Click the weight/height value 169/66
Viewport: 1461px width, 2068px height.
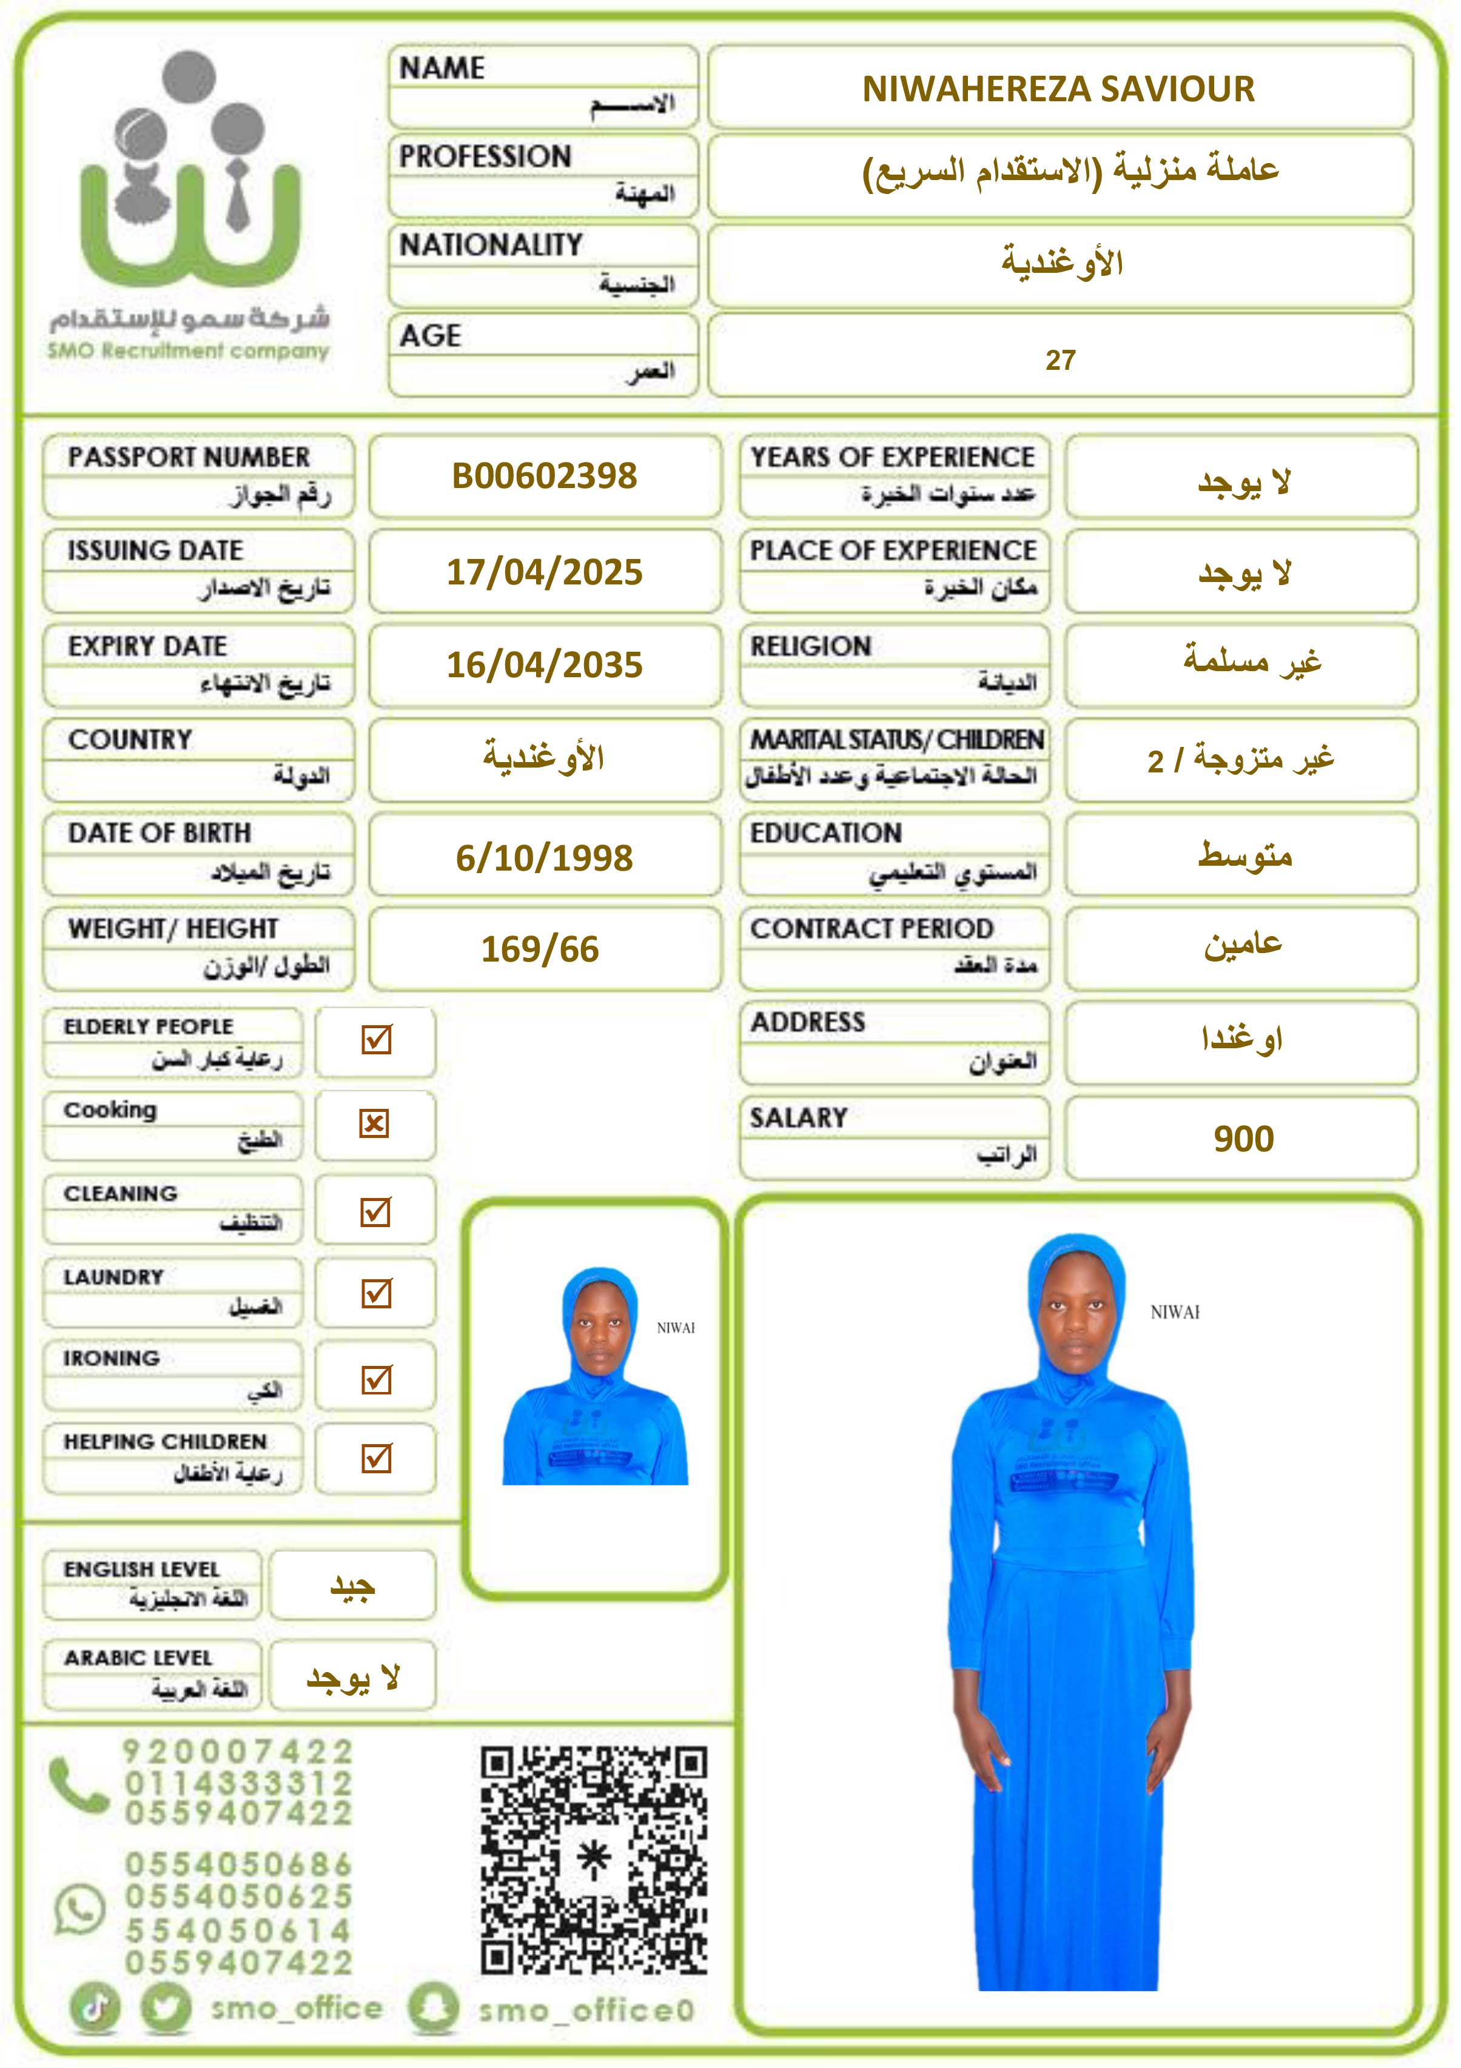coord(540,949)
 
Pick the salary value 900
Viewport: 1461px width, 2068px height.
coord(1243,1139)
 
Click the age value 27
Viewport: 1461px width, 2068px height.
coord(1060,360)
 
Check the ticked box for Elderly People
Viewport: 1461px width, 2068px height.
coord(375,1040)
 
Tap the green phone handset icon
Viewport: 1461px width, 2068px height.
coord(79,1784)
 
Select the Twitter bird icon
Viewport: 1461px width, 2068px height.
coord(167,2009)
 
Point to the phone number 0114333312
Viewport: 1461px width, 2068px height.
coord(239,1784)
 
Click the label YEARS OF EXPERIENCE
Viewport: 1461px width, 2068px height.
coord(893,458)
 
